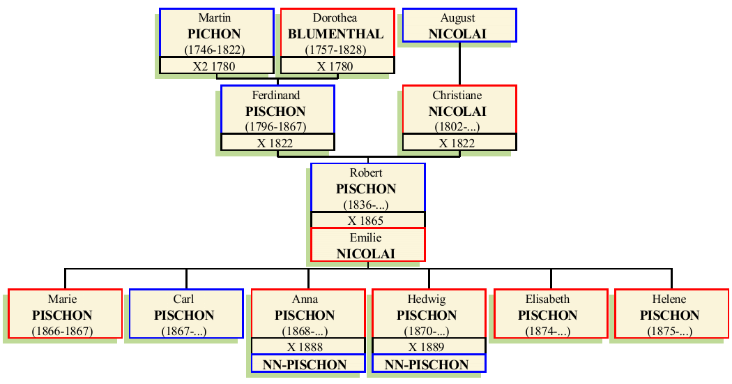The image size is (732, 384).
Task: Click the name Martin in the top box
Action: coord(215,17)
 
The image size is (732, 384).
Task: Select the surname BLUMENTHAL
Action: coord(336,34)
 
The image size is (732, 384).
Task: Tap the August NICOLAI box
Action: coord(458,25)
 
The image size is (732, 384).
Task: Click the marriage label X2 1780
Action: coord(215,66)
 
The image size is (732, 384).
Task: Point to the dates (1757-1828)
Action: coord(336,50)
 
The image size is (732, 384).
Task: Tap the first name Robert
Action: coord(366,172)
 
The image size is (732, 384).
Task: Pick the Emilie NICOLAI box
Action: coord(367,245)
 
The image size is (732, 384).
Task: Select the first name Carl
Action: coord(184,299)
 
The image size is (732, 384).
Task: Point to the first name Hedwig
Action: coord(427,299)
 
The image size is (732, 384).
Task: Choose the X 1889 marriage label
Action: coord(427,347)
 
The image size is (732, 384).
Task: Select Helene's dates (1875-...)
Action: coord(670,331)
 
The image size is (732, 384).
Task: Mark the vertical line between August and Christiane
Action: coord(459,64)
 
